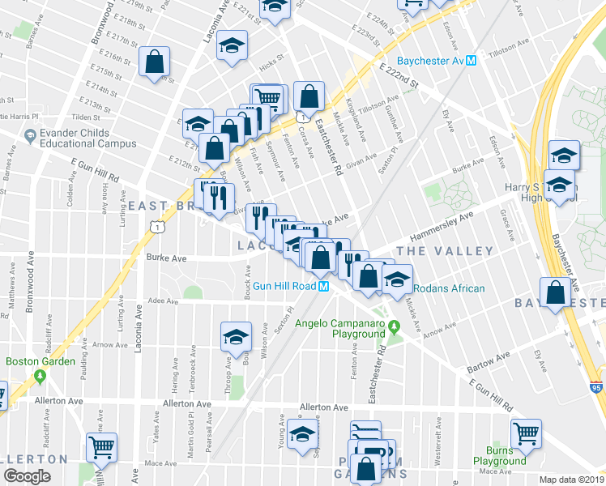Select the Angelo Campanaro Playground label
pos(339,328)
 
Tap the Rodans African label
pos(449,288)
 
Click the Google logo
pos(27,477)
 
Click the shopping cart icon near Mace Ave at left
pos(102,446)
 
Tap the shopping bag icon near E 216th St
pos(154,62)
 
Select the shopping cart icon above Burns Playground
pos(525,431)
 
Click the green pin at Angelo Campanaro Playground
pos(394,328)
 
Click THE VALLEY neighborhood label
pos(445,252)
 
